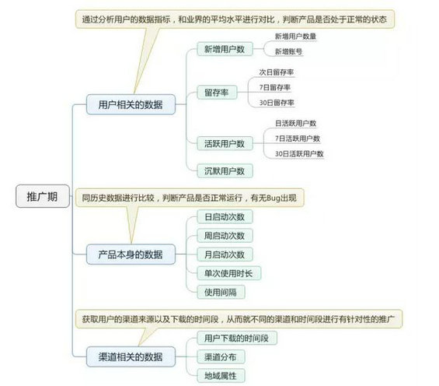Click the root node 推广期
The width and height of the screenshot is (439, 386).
coord(42,196)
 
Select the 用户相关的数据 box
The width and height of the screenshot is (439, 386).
coord(131,104)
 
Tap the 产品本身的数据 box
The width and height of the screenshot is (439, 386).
coord(131,254)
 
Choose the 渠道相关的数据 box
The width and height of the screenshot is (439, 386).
coord(131,356)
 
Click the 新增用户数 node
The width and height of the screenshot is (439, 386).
coord(225,49)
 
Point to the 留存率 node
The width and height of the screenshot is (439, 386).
coord(217,93)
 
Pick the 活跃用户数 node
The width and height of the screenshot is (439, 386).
coord(225,143)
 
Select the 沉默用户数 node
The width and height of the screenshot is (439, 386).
coord(225,170)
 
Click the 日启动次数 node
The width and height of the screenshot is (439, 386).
coord(225,216)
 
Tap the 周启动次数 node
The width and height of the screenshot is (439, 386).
coord(225,236)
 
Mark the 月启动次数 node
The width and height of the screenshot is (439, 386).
coord(225,254)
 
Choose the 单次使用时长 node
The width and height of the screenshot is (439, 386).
coord(228,273)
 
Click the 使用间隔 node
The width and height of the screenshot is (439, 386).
coord(221,292)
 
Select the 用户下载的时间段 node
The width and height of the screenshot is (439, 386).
coord(236,338)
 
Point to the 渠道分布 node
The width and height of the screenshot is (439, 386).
coord(221,357)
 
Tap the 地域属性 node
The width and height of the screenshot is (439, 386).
coord(221,376)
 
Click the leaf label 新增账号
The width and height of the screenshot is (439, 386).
coord(288,51)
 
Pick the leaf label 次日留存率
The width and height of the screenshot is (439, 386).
coord(277,72)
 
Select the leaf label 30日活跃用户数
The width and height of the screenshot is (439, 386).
coord(299,153)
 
